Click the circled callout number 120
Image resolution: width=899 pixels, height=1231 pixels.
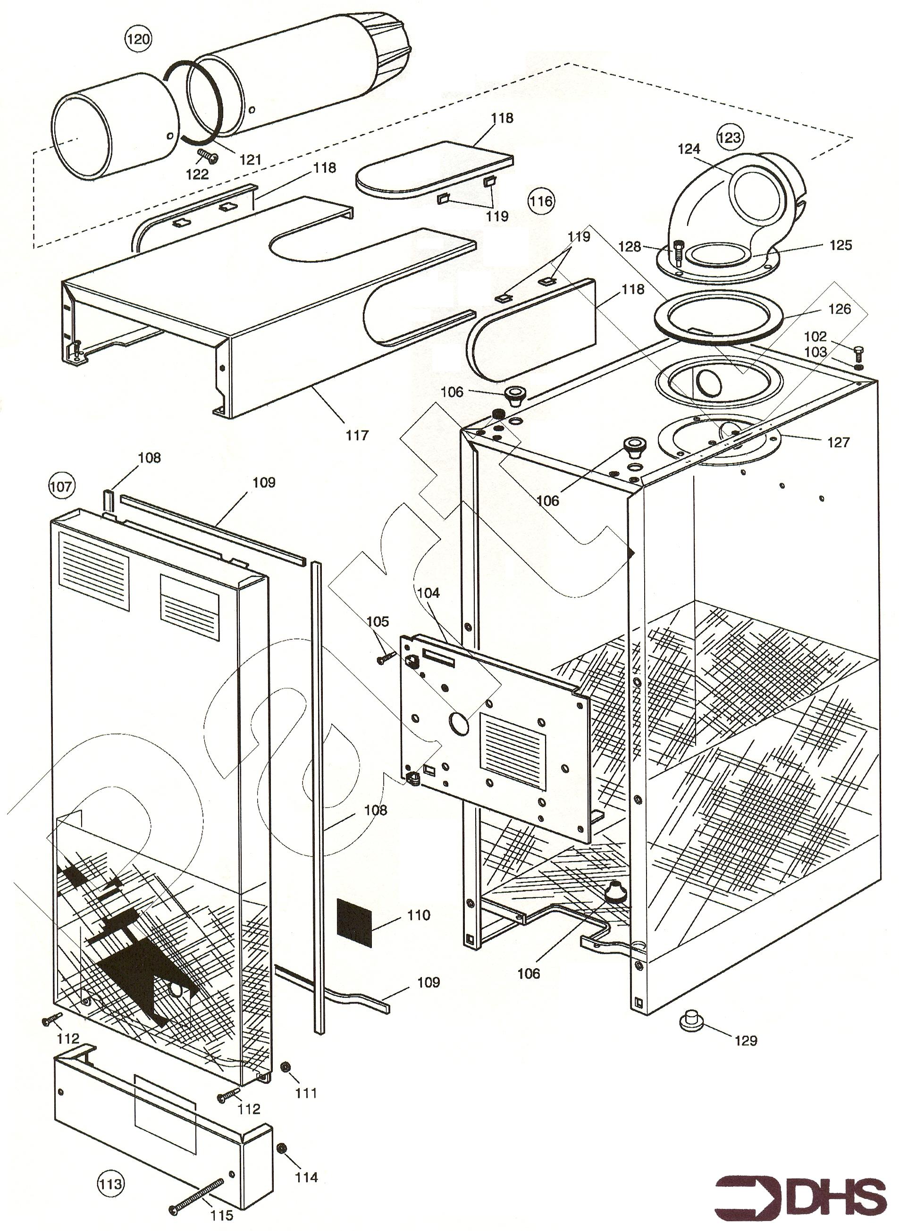[x=137, y=39]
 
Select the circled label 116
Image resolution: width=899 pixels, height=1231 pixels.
[x=540, y=201]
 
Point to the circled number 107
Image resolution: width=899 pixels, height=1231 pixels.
[x=61, y=486]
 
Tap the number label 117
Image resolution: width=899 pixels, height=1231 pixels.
[x=357, y=435]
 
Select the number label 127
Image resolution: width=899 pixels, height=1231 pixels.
[x=838, y=442]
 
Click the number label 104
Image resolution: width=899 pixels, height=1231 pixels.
[x=428, y=593]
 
